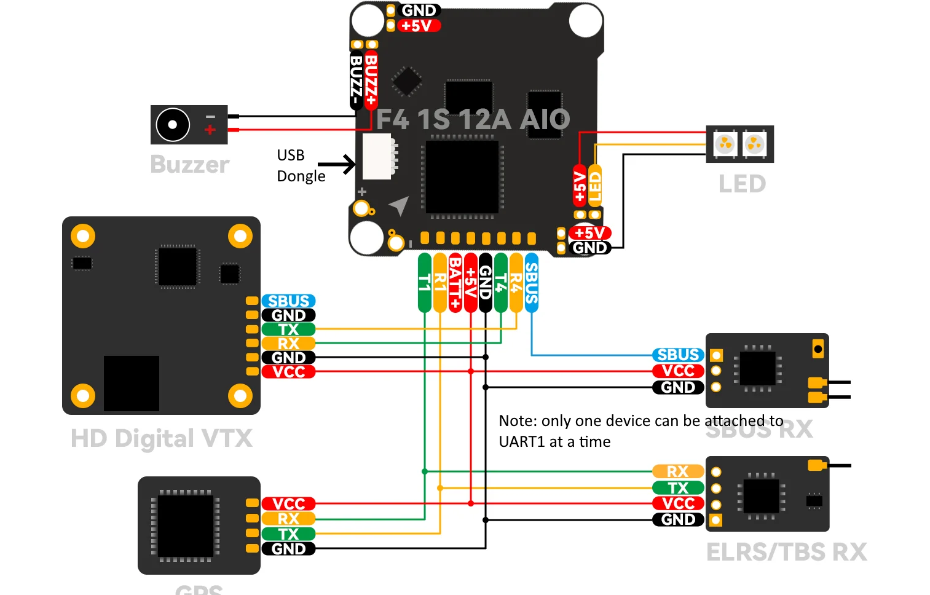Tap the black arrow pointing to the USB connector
tap(336, 164)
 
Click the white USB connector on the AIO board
tap(377, 157)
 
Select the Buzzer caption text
tap(189, 165)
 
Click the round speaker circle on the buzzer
tap(173, 125)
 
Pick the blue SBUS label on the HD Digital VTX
tap(288, 301)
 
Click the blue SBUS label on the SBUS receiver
tap(678, 355)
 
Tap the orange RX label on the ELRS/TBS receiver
tap(678, 471)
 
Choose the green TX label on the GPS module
tap(288, 534)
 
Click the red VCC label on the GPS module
tap(288, 503)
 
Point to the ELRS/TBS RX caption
tap(786, 552)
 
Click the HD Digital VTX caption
tap(162, 439)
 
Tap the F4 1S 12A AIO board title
tap(473, 119)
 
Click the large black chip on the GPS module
tap(186, 526)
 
